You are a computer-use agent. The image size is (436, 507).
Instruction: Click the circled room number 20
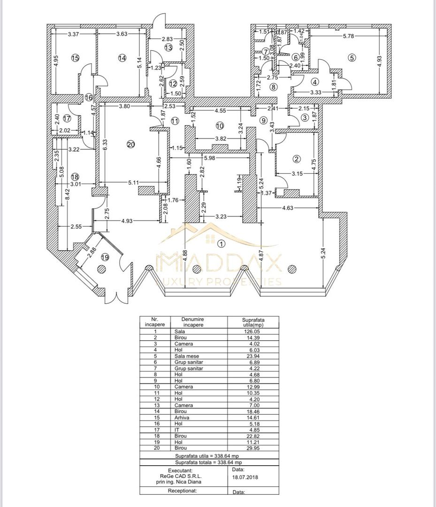coord(131,145)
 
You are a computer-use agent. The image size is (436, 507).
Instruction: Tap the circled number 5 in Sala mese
coord(352,58)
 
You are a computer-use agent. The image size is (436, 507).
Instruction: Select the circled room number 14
coord(122,58)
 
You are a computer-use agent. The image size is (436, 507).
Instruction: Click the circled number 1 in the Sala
coord(221,243)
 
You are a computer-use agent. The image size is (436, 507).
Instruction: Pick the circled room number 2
coord(296,158)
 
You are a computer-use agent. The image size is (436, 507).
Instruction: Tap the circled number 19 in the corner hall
coord(104,257)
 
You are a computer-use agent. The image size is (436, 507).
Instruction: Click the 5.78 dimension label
coord(350,36)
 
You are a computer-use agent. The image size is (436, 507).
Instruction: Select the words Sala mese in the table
coord(183,356)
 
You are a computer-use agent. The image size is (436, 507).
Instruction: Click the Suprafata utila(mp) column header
coord(253,322)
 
